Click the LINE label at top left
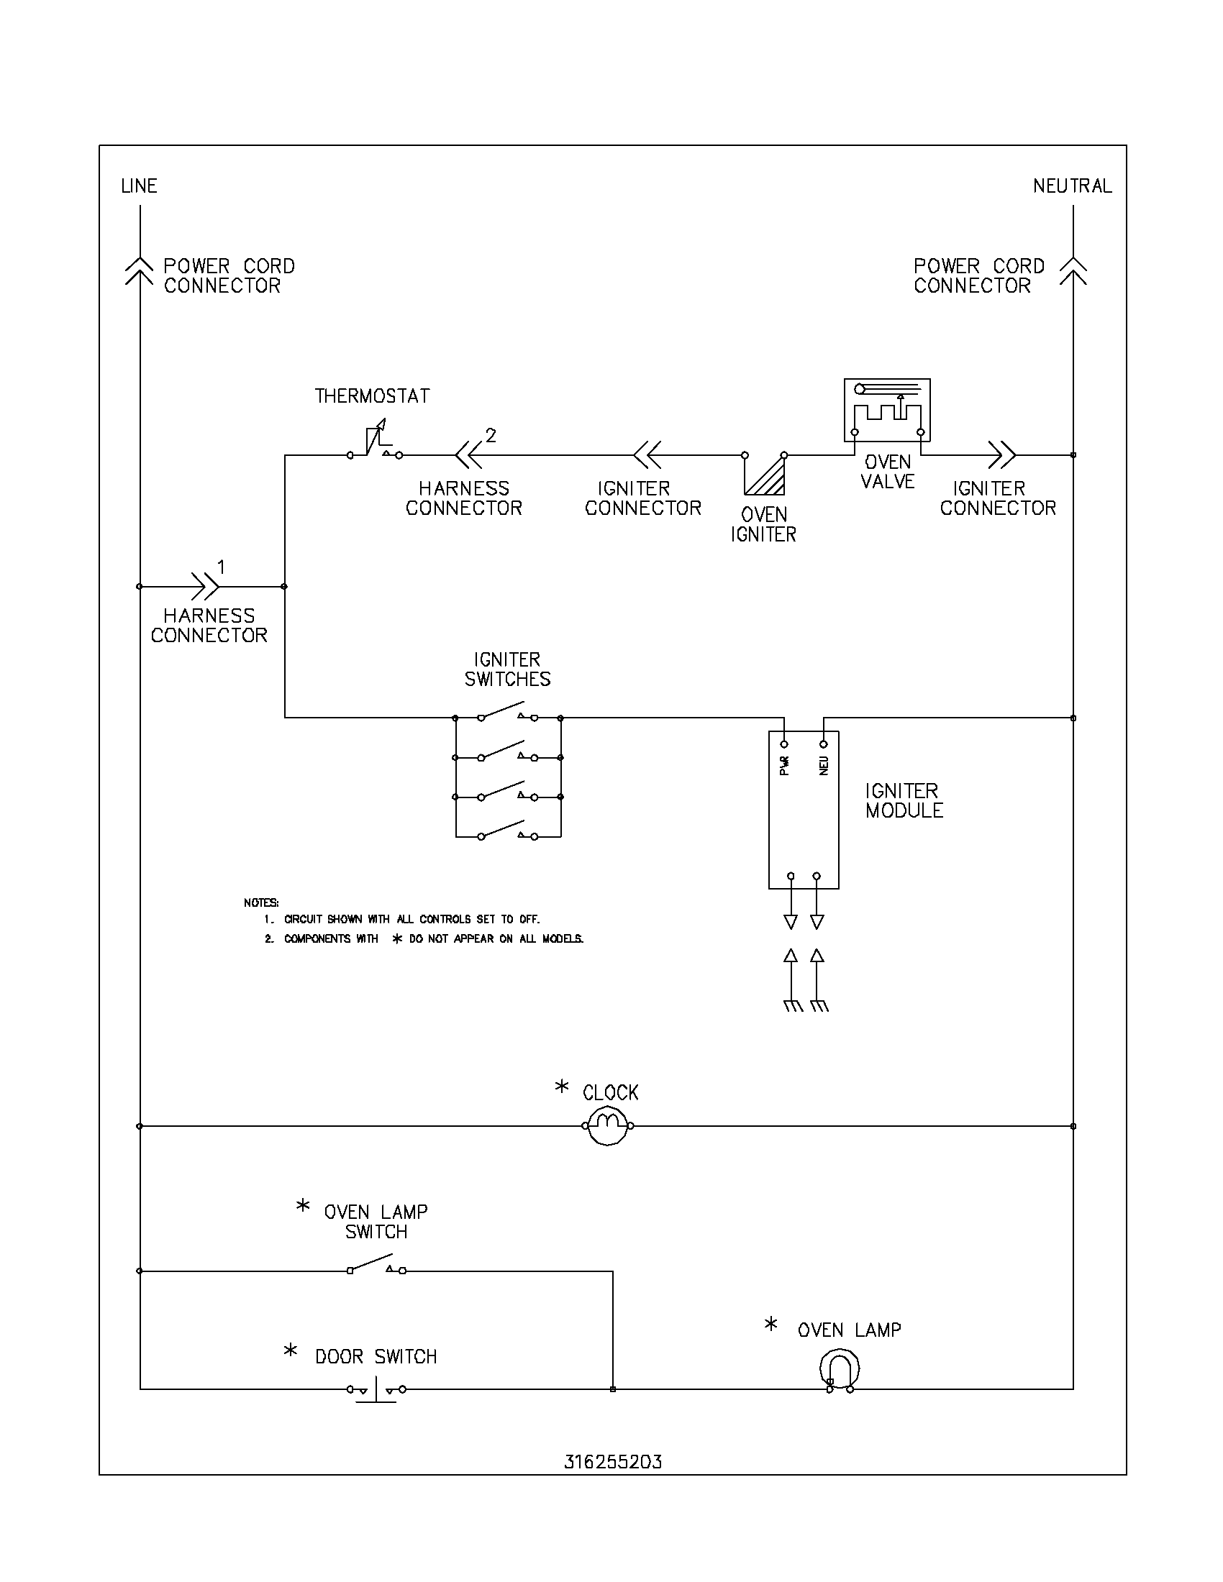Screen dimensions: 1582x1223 138,186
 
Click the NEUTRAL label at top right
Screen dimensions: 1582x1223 1072,186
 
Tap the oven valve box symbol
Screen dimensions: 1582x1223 887,410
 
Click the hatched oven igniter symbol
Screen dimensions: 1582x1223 764,475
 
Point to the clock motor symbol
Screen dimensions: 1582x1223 608,1125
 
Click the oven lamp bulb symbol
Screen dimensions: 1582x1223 839,1369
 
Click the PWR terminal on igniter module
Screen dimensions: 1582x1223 784,745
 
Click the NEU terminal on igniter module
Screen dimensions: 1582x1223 824,745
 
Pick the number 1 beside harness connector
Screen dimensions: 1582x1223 221,567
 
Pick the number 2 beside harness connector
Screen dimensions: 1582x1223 491,435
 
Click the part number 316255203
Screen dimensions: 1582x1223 613,1462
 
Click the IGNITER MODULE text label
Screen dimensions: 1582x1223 904,800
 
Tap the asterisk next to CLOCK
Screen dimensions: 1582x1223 562,1087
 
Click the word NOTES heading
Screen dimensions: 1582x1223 261,902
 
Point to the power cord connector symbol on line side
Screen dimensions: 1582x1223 139,270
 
